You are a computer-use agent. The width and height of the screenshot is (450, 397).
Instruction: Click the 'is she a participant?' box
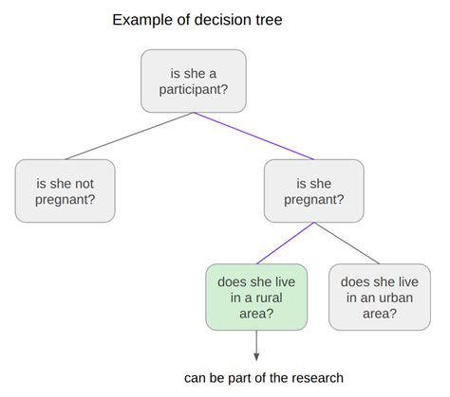click(194, 81)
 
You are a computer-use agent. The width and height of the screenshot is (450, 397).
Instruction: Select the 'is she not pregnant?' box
click(65, 190)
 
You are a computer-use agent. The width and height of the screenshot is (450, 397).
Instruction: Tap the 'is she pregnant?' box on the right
click(314, 190)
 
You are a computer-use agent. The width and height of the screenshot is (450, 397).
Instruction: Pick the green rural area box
click(256, 298)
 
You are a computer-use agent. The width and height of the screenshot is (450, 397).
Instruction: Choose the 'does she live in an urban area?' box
click(380, 298)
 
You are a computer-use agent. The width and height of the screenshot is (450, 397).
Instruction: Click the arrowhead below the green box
click(256, 357)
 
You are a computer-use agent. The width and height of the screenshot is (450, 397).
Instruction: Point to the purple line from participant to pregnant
click(253, 135)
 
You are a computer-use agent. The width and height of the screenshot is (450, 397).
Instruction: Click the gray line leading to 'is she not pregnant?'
click(129, 135)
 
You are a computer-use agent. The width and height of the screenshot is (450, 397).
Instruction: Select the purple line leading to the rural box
click(285, 244)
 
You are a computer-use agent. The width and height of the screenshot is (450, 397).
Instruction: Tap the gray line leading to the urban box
click(347, 244)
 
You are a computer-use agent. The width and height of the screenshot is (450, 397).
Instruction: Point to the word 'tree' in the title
click(269, 20)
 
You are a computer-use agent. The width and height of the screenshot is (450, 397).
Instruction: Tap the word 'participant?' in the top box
click(194, 90)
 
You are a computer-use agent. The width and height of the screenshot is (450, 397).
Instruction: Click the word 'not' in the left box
click(84, 184)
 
